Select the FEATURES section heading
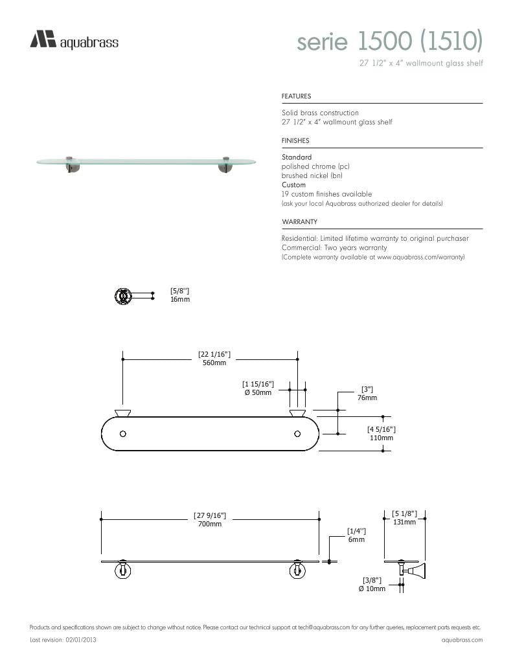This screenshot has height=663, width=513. [296, 96]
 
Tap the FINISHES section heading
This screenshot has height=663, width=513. [295, 140]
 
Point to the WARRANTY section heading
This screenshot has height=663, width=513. [299, 221]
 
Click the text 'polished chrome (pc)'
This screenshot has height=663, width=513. [315, 166]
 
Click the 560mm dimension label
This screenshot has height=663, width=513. [214, 363]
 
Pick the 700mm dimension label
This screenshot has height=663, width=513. [210, 524]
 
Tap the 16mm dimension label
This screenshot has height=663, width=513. [180, 300]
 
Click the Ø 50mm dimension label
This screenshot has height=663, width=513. [258, 393]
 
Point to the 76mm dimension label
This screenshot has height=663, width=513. [367, 398]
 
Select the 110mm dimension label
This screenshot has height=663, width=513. [381, 438]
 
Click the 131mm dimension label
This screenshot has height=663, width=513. [404, 522]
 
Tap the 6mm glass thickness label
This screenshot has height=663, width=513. [356, 539]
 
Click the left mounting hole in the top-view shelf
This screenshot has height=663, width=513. [123, 433]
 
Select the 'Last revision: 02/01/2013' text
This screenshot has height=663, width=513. [63, 640]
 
